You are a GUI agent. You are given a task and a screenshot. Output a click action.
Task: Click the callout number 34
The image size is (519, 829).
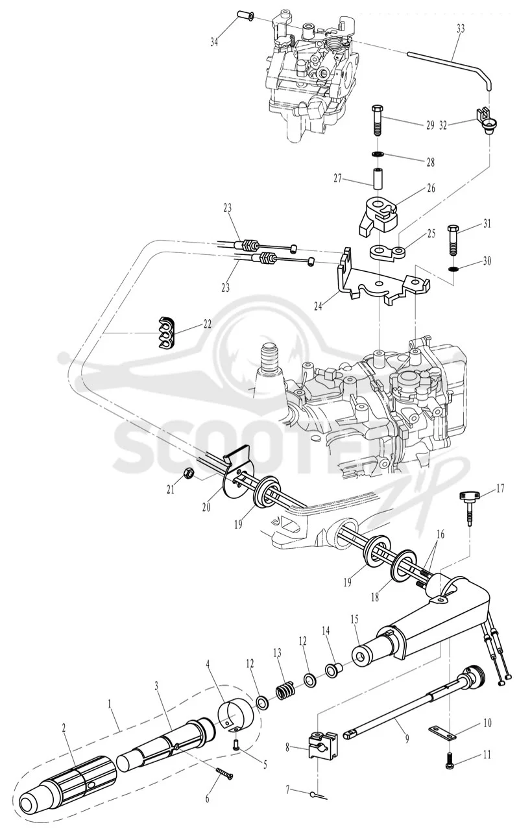[214, 42]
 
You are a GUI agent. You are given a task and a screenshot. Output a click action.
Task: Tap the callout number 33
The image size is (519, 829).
[460, 29]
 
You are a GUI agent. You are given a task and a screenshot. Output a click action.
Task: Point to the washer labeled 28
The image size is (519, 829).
[377, 154]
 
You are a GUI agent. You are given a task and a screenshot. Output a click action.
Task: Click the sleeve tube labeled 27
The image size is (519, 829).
[377, 179]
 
